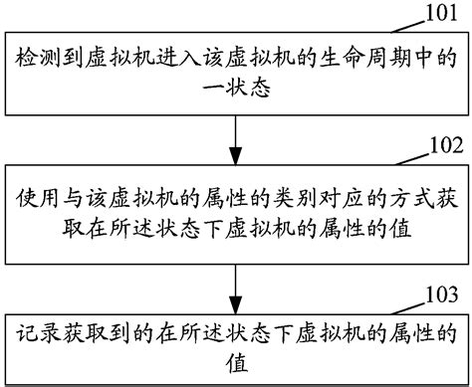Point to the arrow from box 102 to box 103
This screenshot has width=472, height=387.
coord(235,285)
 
